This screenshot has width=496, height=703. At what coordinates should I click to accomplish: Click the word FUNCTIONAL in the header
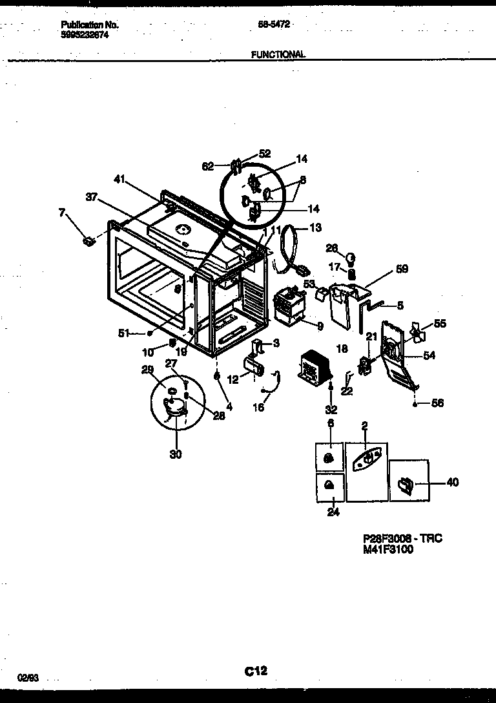278,55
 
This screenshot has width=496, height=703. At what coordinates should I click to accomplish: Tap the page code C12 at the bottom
256,671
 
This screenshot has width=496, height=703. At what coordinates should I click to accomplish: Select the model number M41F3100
387,550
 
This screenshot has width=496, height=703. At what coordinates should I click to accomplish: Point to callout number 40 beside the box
452,482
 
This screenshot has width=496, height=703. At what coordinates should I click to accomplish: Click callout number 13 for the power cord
315,227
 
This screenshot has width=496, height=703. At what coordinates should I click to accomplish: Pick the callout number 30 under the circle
176,454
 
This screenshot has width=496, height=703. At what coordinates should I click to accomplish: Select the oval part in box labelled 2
366,458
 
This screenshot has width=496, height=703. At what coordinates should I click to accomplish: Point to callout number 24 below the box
333,514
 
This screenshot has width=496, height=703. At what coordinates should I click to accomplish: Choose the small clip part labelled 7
89,242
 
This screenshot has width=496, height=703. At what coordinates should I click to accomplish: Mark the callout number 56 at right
437,403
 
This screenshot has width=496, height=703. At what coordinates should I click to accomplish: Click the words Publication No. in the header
90,25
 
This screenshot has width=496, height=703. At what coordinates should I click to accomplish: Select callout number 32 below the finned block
331,409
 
